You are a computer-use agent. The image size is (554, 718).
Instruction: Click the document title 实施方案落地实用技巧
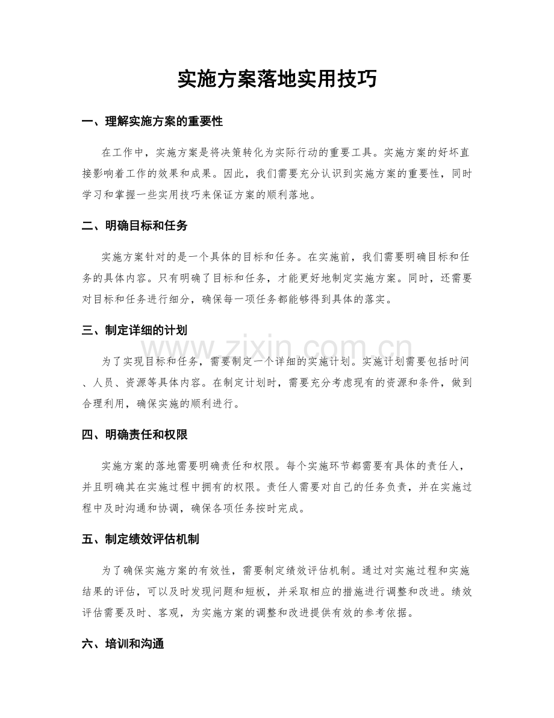[x=277, y=79]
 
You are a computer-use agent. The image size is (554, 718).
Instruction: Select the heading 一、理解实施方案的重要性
[x=152, y=122]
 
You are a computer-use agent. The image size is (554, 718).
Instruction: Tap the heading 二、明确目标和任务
[x=134, y=226]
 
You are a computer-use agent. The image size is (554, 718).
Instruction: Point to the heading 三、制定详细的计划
[x=134, y=330]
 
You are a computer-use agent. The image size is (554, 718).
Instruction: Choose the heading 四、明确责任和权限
[x=134, y=434]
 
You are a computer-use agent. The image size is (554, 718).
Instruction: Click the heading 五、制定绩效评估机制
[x=140, y=539]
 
